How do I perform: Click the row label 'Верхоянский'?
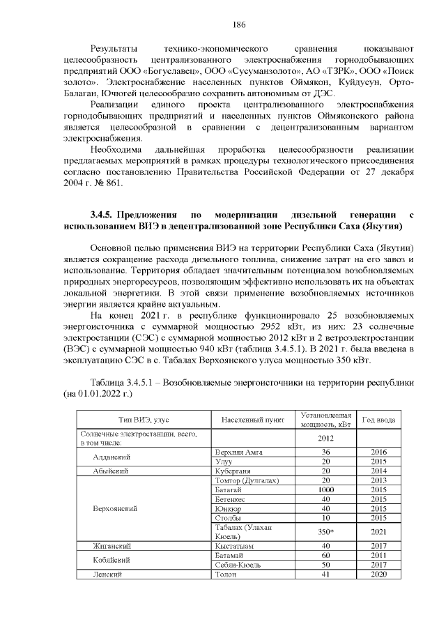[x=114, y=507]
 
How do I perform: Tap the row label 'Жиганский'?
[x=113, y=545]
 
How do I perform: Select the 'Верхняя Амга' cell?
[x=239, y=452]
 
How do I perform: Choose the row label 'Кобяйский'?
[x=113, y=560]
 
